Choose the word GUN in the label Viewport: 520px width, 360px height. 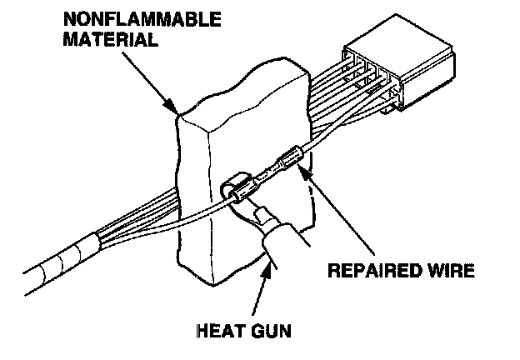[272, 330]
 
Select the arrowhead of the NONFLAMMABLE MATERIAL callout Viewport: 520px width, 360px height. [176, 111]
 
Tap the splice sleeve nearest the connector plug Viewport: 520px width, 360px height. [290, 157]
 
